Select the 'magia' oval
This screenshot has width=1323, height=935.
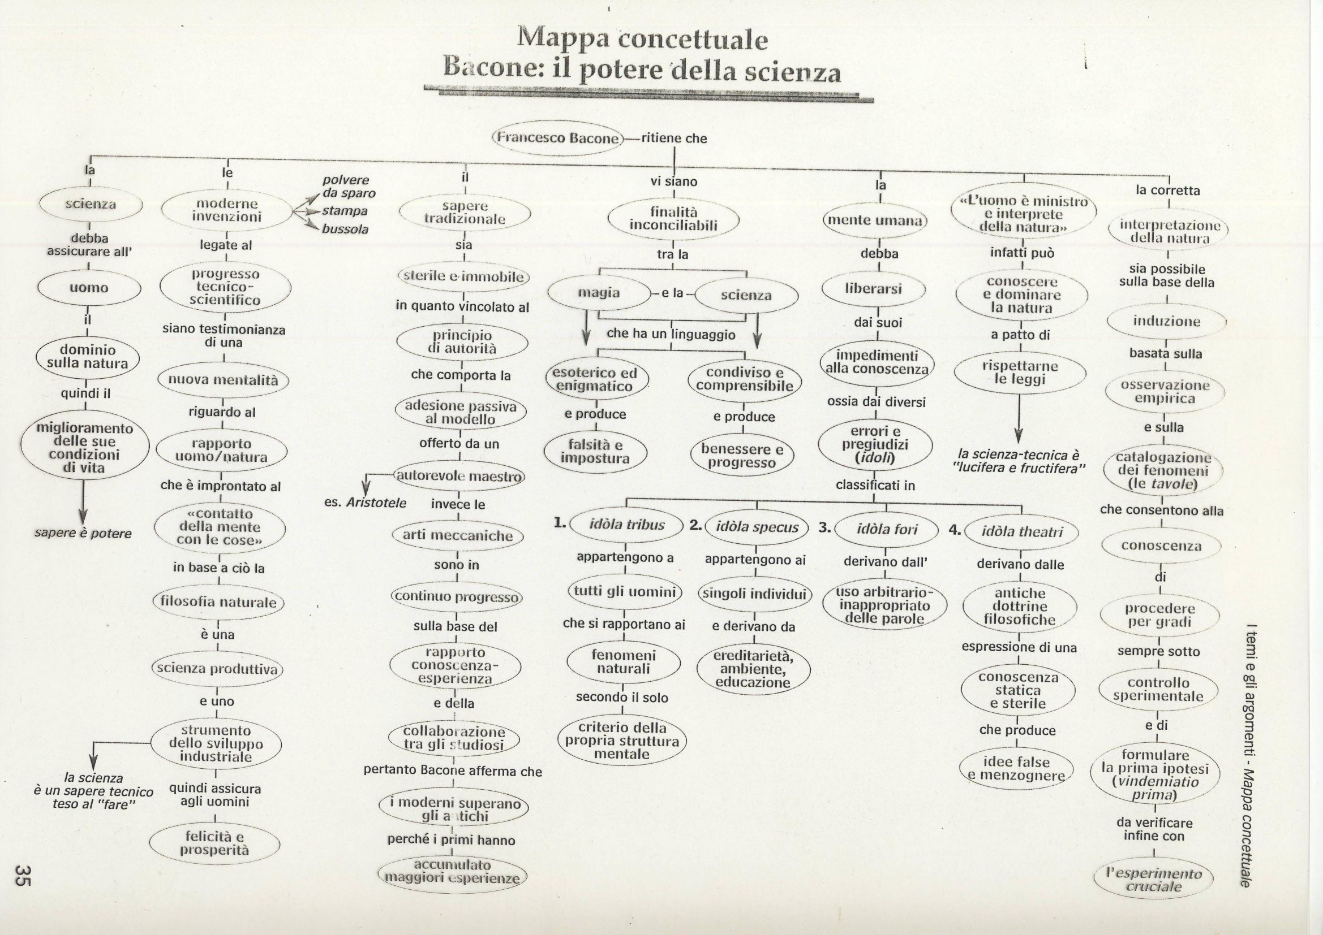[x=599, y=293]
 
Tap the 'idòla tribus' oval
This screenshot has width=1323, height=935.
[x=627, y=525]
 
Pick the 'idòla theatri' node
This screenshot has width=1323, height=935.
[x=1021, y=531]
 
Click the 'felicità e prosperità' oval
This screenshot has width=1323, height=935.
[x=215, y=843]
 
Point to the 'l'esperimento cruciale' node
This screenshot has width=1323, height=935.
[x=1154, y=880]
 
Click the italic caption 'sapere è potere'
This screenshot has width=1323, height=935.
[x=83, y=533]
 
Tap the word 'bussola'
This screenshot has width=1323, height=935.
[x=345, y=229]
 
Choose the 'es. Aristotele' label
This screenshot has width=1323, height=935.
[x=366, y=503]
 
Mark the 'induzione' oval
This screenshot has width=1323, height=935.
[x=1166, y=321]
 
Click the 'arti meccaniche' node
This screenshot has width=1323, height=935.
[x=458, y=535]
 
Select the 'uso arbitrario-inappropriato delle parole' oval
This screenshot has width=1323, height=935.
[x=884, y=605]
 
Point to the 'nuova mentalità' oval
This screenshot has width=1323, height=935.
[x=223, y=380]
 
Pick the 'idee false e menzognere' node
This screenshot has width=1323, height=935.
[x=1017, y=769]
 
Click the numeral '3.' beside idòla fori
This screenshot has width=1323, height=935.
[x=824, y=527]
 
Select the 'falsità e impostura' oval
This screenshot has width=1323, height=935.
[x=596, y=451]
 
